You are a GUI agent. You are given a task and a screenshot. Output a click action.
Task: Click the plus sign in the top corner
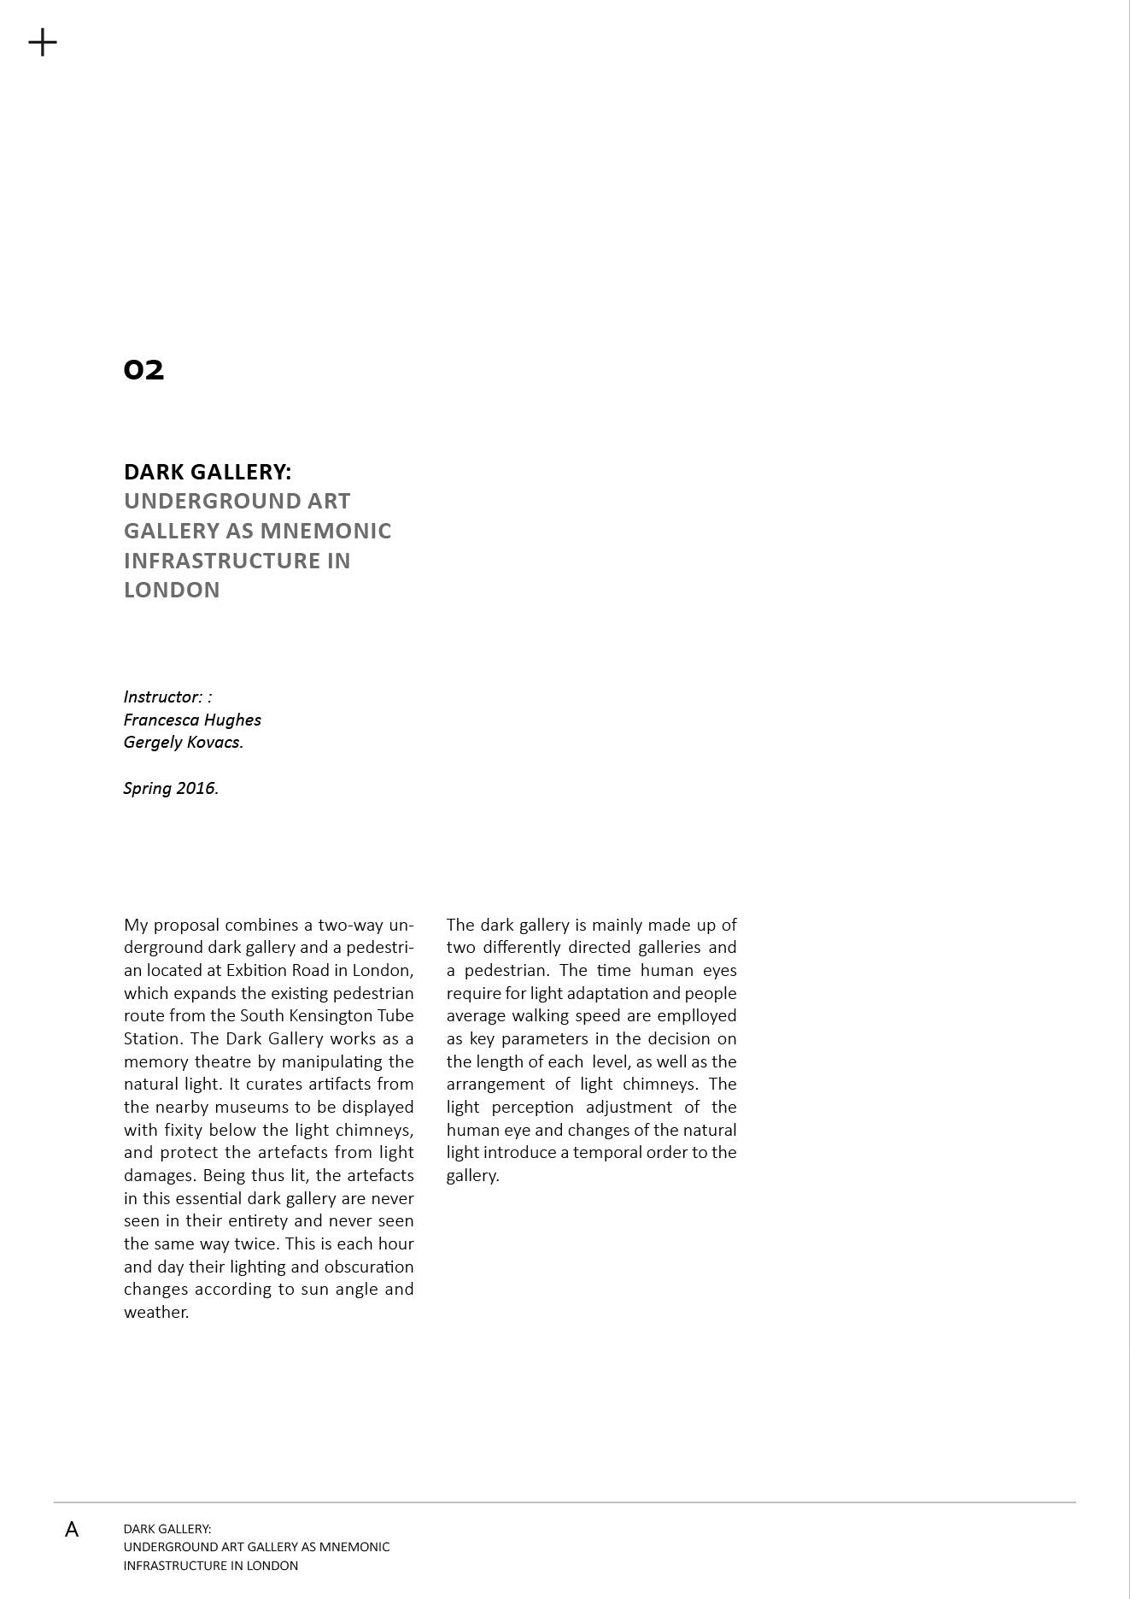43,42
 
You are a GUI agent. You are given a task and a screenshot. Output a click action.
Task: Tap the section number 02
143,370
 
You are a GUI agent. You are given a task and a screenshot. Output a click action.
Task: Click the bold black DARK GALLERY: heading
208,472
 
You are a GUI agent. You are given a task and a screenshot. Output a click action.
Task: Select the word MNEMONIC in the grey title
325,531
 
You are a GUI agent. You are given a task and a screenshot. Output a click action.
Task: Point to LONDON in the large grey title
172,590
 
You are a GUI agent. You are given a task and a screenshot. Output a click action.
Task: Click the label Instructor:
163,697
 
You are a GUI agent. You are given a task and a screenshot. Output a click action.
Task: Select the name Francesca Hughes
192,720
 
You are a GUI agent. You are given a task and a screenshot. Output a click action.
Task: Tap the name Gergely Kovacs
184,742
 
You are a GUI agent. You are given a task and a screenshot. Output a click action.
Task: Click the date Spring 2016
171,788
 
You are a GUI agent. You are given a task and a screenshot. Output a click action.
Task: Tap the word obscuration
369,1267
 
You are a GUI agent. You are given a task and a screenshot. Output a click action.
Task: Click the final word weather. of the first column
156,1312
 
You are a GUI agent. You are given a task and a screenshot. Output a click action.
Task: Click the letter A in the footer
72,1530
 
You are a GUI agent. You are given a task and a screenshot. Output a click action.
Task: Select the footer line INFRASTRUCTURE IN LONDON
211,1566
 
